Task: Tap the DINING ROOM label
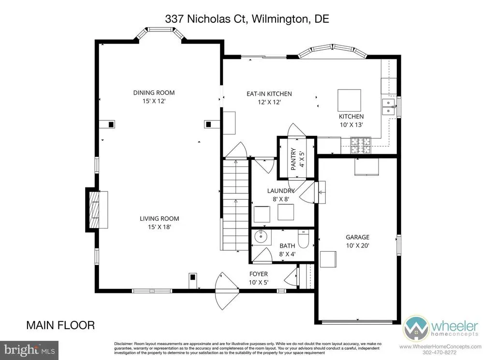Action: pos(154,93)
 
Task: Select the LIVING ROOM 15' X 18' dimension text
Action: pos(160,227)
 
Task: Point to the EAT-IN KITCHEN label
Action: pos(269,94)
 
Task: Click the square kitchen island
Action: pos(349,101)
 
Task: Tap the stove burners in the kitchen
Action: pos(361,145)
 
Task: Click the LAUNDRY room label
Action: pos(281,190)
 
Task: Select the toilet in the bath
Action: pos(304,240)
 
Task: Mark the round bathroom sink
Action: pos(261,237)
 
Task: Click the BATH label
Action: pos(287,245)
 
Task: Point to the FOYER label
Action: pos(259,274)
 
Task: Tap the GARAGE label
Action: pos(357,237)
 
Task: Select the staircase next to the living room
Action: pos(236,205)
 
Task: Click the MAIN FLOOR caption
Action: pos(60,325)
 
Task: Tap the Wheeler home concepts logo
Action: pos(441,328)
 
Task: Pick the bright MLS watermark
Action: pos(29,350)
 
